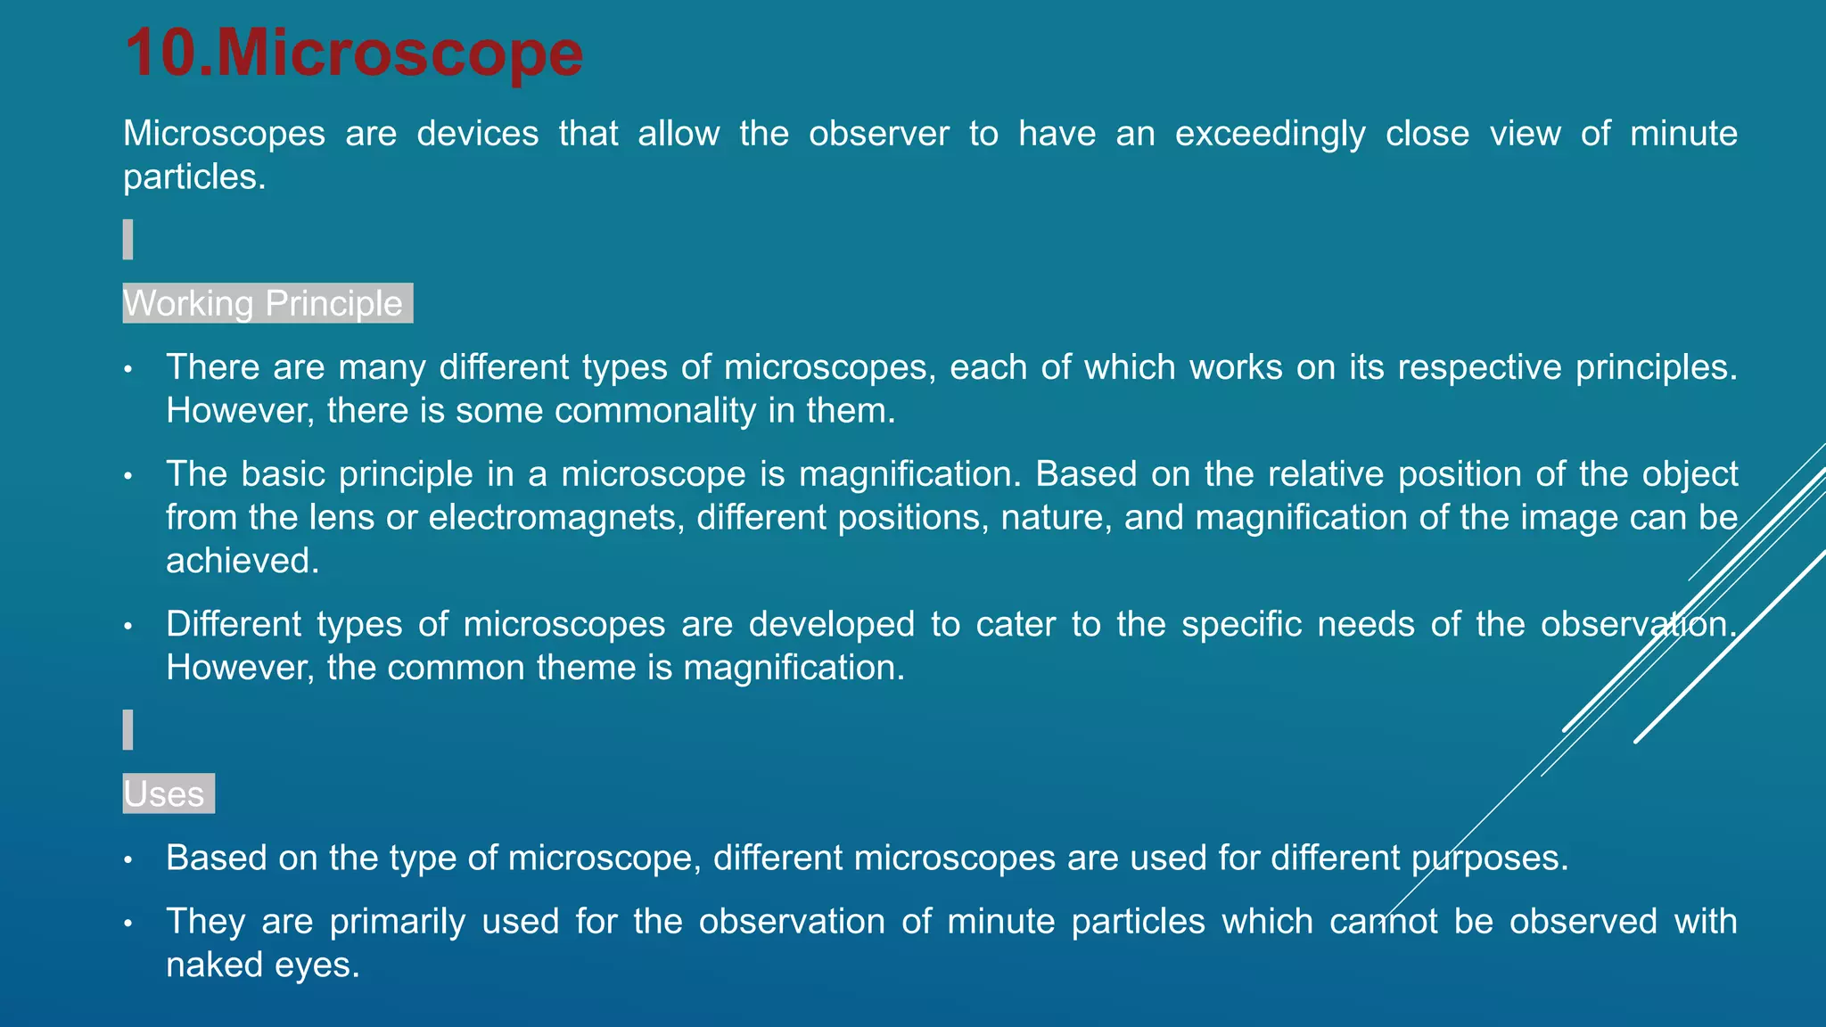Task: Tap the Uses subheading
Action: (x=164, y=793)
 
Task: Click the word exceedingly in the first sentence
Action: (x=1270, y=134)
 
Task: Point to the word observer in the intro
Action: (x=878, y=134)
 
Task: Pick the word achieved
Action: (x=242, y=561)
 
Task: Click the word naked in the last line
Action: (x=212, y=965)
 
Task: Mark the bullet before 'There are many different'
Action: (x=128, y=368)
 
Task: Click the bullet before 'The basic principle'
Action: (x=128, y=475)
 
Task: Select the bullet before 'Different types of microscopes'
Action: (x=128, y=625)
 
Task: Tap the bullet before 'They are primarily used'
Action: (x=128, y=923)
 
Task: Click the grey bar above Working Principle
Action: (x=128, y=239)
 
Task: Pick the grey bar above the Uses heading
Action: (x=128, y=729)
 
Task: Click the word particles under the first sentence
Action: (x=193, y=177)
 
